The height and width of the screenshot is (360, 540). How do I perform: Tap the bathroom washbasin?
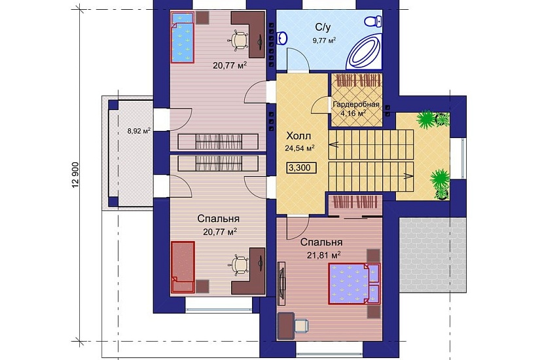click(x=281, y=37)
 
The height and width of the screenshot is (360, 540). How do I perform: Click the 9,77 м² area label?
click(x=324, y=41)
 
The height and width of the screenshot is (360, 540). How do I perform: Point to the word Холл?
click(x=298, y=136)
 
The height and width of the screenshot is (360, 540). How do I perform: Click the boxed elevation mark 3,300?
click(x=299, y=168)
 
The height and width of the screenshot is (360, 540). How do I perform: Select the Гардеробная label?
click(x=356, y=104)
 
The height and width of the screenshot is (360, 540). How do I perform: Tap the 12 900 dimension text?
click(x=76, y=175)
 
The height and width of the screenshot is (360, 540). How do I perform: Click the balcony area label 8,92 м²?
click(x=139, y=130)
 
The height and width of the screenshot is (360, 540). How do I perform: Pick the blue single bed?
click(x=183, y=37)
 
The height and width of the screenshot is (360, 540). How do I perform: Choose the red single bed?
click(x=183, y=267)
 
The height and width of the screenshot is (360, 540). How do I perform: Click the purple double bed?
click(x=354, y=283)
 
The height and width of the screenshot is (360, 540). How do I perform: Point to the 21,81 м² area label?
click(x=324, y=255)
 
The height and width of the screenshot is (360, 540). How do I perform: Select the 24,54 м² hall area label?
click(x=299, y=149)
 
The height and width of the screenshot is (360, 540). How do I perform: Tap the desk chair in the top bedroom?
click(x=238, y=40)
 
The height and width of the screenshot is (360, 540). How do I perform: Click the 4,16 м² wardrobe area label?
click(x=353, y=113)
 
